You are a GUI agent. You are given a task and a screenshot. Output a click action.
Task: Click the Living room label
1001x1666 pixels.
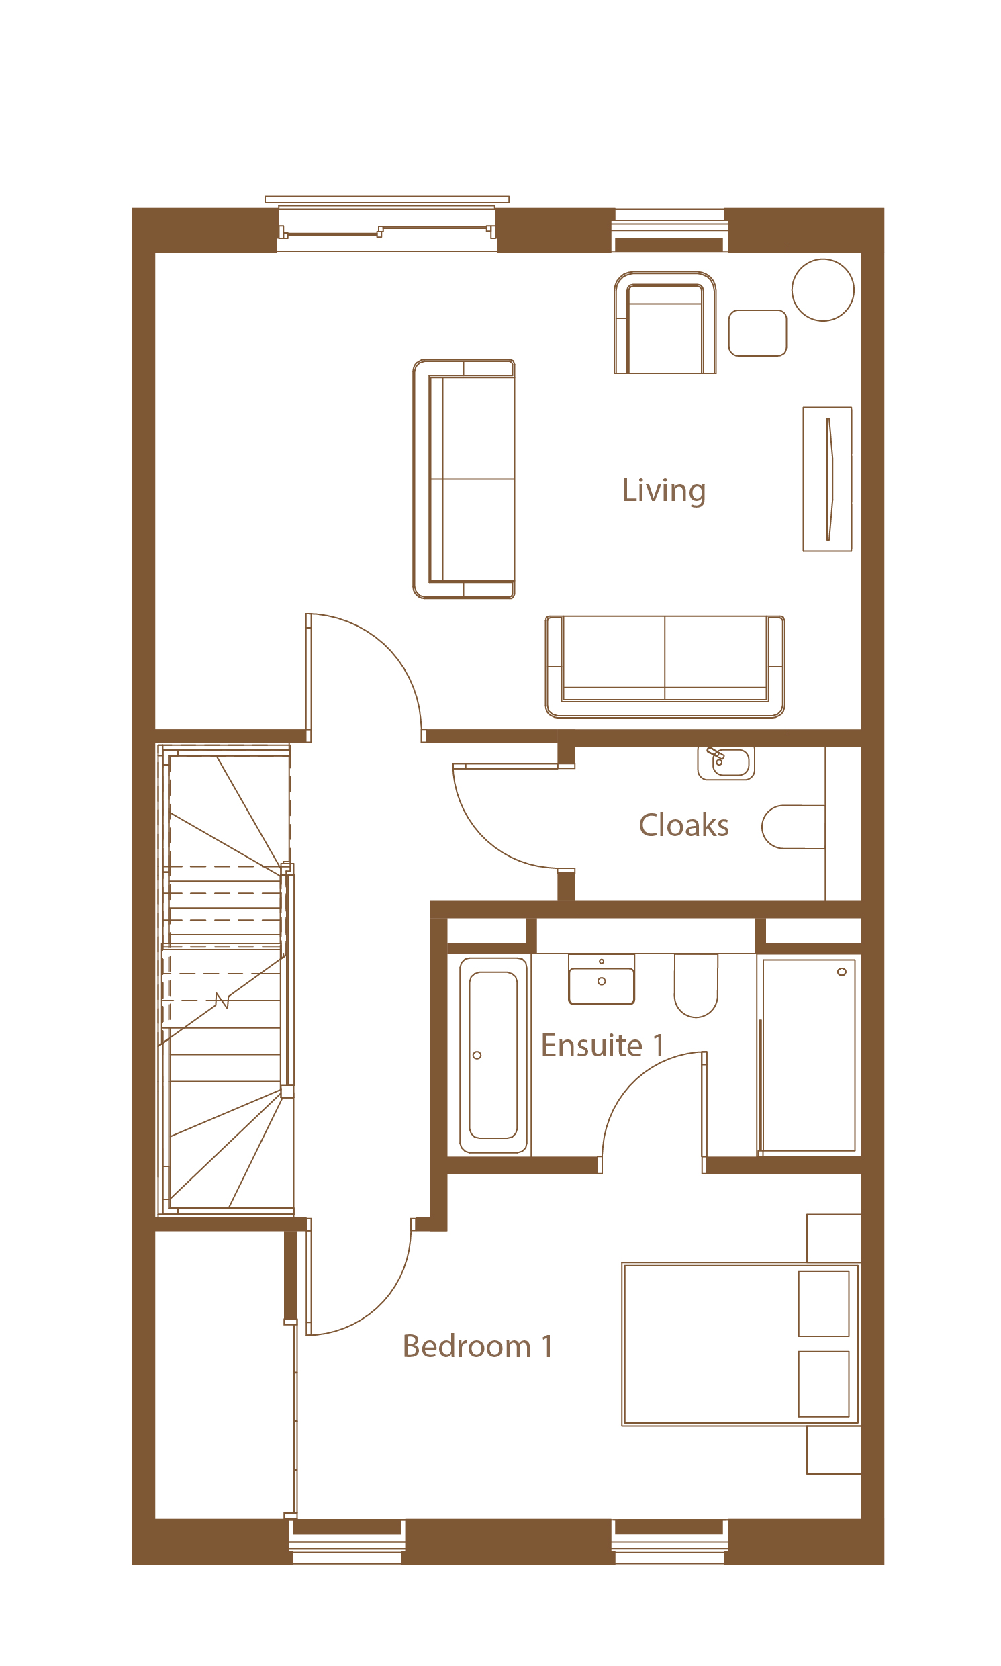(x=664, y=491)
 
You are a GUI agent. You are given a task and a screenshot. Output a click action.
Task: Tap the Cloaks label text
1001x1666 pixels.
(x=683, y=825)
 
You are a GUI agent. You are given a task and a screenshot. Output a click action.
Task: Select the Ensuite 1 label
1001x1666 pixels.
(x=602, y=1046)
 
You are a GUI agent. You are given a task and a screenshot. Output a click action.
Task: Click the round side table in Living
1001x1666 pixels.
(x=822, y=290)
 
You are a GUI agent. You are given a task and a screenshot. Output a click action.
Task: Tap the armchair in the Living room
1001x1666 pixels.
(x=665, y=323)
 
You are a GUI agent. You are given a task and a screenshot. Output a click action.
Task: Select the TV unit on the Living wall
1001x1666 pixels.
(x=827, y=479)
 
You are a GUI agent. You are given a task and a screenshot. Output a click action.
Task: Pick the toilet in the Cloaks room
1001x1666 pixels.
(x=794, y=827)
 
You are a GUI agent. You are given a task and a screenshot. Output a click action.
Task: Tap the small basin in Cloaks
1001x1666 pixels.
(x=726, y=763)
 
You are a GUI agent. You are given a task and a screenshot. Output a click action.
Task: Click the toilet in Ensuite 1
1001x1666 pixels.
(x=696, y=985)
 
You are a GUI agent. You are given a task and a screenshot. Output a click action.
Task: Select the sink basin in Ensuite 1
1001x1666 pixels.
(x=601, y=979)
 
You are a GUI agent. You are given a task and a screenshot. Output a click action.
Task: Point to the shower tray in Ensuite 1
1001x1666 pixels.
(x=809, y=1056)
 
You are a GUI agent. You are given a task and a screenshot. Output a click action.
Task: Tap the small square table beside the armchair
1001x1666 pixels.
(x=757, y=332)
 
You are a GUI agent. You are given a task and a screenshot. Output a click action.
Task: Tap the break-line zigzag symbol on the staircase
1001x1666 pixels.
(x=222, y=1001)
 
